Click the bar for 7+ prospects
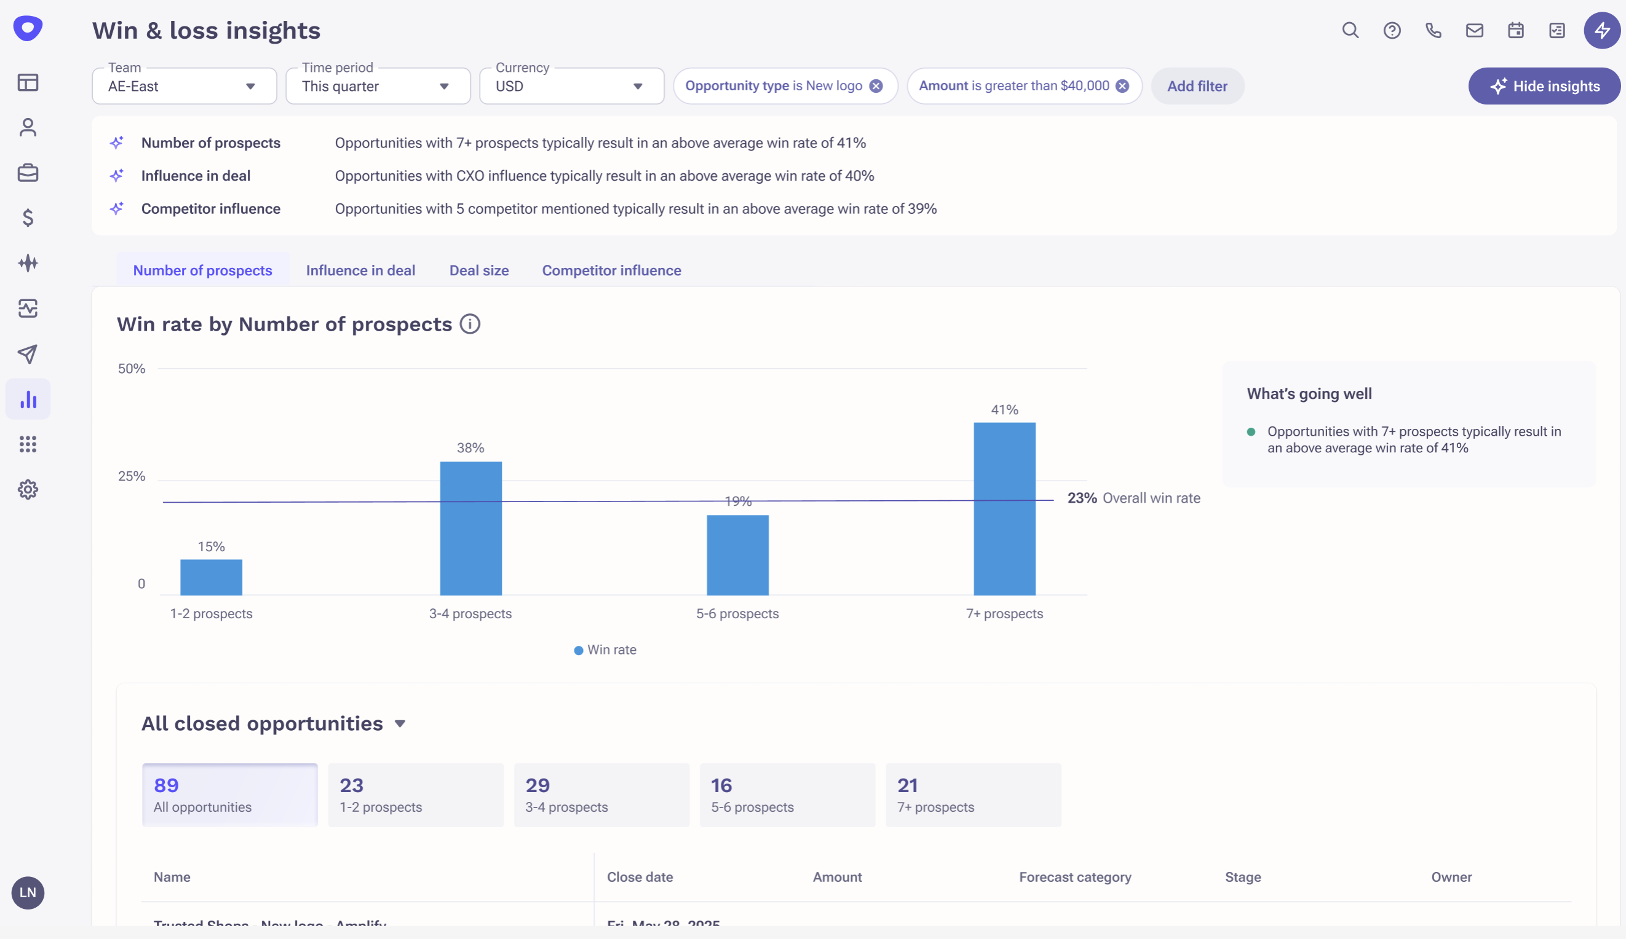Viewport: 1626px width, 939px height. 1004,509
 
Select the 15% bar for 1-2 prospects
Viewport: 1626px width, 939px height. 211,577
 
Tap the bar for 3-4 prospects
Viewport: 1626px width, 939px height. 470,528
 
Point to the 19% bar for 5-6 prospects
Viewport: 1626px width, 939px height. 737,556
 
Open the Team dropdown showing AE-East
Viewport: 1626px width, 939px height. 184,87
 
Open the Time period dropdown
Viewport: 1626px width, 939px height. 378,87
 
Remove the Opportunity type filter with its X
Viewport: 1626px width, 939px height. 876,87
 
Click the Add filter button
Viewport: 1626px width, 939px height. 1197,87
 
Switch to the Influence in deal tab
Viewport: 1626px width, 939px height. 360,271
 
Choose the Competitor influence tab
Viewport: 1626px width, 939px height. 611,271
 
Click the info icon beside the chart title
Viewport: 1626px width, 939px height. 470,324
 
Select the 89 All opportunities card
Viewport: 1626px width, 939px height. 230,795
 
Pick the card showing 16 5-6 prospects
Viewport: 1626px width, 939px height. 787,795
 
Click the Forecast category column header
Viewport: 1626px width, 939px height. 1075,877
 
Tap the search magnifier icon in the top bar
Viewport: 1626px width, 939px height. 1350,30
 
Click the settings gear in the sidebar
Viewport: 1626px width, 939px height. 28,490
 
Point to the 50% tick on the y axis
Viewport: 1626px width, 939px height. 132,369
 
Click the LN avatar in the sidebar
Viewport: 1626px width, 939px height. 28,893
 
